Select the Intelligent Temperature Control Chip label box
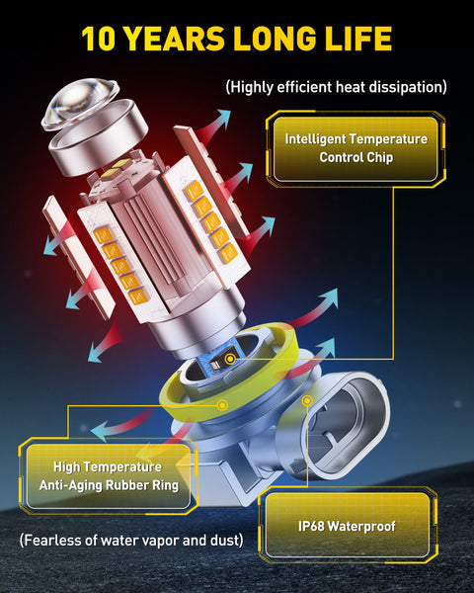click(x=356, y=148)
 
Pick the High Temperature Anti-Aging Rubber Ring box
click(x=109, y=475)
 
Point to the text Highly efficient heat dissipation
click(x=336, y=87)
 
